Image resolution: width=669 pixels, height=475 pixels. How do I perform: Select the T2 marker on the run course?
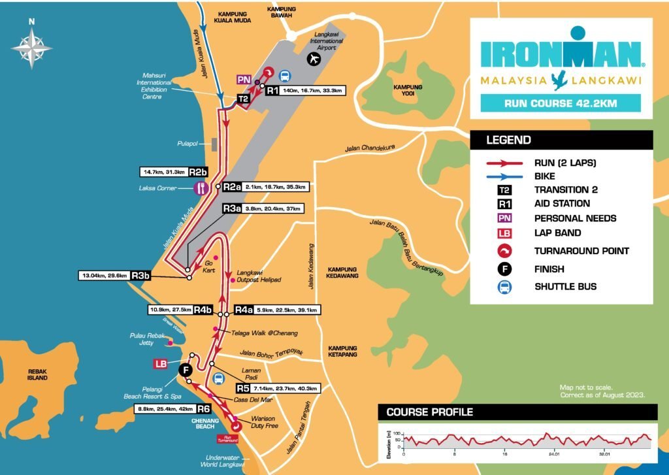242,99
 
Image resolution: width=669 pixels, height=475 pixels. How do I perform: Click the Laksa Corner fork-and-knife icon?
201,188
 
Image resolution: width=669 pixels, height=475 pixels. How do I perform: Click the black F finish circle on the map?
186,371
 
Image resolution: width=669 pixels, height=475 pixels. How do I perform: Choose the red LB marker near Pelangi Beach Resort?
160,363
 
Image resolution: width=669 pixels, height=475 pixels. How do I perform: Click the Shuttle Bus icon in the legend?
503,286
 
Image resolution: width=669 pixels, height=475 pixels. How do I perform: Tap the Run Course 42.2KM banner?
561,103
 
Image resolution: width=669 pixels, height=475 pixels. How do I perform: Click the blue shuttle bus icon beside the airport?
286,75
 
